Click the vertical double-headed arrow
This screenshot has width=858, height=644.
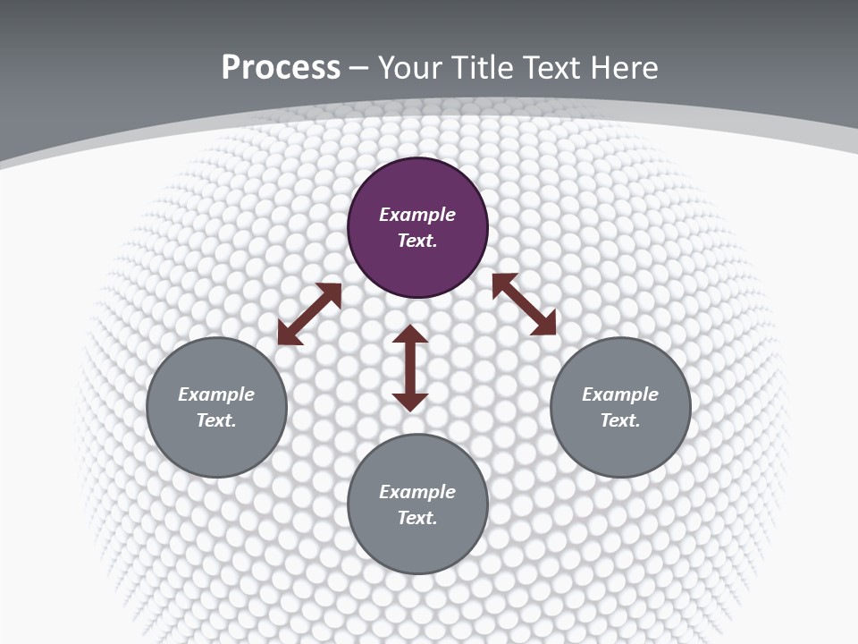(x=410, y=368)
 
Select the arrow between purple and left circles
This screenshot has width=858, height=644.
(x=309, y=314)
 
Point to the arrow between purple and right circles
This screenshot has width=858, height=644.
(x=524, y=304)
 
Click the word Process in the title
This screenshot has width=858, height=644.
(x=281, y=67)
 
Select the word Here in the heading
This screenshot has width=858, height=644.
(x=625, y=67)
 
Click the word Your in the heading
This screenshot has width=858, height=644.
(x=411, y=67)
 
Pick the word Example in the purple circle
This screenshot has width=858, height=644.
(x=417, y=215)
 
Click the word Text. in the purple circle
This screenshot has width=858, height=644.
(x=417, y=241)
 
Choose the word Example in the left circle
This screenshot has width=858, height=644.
(x=216, y=394)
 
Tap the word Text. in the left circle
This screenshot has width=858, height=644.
(x=216, y=420)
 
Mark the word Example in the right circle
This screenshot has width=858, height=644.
(x=620, y=394)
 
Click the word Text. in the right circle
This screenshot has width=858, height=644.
(x=620, y=420)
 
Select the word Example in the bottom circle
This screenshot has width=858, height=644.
(x=417, y=492)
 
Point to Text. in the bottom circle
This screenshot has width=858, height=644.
(x=417, y=518)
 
